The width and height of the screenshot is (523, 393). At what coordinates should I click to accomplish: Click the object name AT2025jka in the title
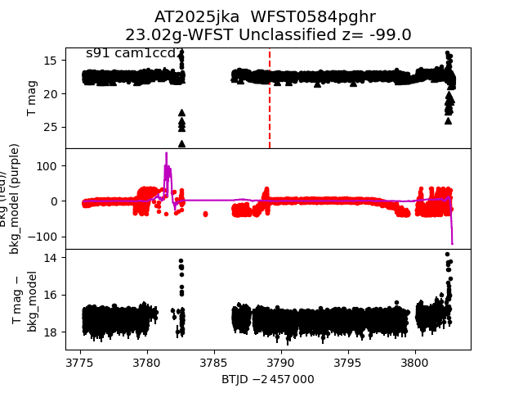(189, 17)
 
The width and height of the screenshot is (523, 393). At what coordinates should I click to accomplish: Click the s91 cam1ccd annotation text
(132, 53)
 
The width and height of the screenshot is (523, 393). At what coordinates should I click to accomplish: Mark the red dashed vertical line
(270, 98)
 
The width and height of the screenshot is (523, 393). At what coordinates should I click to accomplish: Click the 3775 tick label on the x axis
(80, 363)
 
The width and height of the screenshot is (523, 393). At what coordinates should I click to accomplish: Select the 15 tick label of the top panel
(49, 61)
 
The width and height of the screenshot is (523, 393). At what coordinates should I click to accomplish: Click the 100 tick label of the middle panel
(46, 165)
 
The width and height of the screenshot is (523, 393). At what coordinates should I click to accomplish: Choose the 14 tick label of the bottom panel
(49, 258)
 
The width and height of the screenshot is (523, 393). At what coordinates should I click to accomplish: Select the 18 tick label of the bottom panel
(49, 332)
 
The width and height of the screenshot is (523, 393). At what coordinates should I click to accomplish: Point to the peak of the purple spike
(166, 153)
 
